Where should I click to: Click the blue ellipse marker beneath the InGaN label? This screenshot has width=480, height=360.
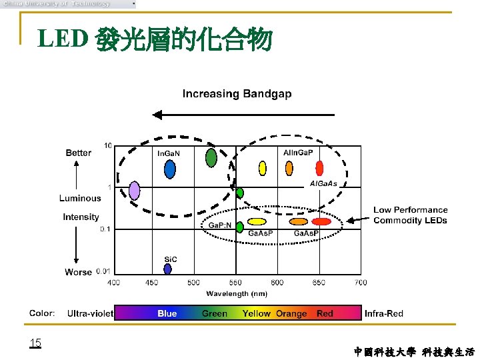[x=170, y=170]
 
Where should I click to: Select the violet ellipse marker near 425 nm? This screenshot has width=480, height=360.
[x=135, y=191]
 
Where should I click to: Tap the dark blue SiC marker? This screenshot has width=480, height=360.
[x=167, y=269]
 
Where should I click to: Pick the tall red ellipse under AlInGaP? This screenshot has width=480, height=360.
[x=319, y=168]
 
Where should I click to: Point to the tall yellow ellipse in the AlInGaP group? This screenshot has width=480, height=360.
[x=263, y=168]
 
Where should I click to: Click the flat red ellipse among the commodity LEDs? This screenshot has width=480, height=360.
[x=321, y=221]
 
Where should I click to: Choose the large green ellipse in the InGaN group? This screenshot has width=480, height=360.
[x=211, y=158]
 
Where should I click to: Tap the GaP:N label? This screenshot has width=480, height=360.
[x=220, y=225]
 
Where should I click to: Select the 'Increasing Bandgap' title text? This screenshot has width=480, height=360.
[x=237, y=94]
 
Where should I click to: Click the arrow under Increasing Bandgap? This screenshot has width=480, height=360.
[x=243, y=115]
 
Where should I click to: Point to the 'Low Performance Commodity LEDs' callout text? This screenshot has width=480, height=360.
[x=410, y=215]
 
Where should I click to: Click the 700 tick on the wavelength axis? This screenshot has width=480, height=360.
[x=361, y=283]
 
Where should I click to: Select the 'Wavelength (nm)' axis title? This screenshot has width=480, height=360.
[x=237, y=293]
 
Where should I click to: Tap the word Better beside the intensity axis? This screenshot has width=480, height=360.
[x=79, y=153]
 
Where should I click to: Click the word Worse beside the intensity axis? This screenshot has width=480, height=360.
[x=78, y=272]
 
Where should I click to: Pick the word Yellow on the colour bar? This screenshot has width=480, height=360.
[x=257, y=313]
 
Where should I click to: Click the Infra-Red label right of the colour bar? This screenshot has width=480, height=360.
[x=384, y=313]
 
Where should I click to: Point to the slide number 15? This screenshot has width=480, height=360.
[x=35, y=343]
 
